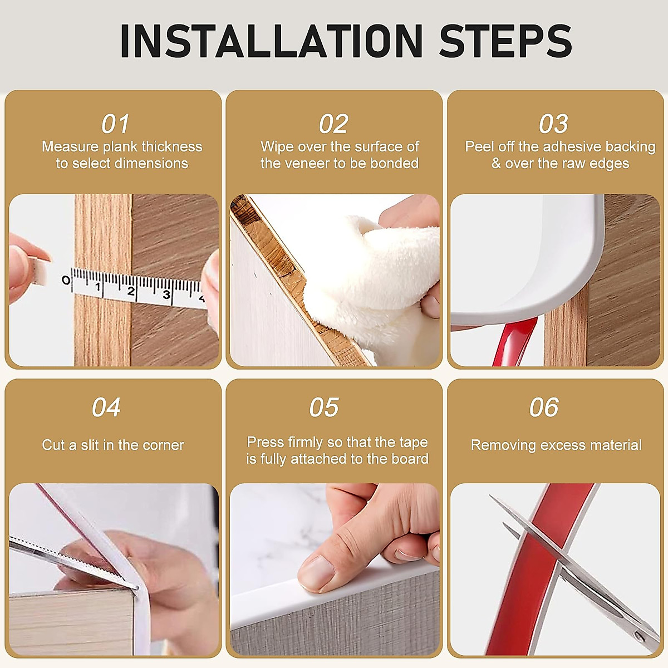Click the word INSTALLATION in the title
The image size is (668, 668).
coord(272,41)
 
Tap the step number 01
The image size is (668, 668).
coord(115,124)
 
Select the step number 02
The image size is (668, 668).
coord(333,124)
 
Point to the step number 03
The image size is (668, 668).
coord(553,124)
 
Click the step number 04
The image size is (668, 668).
coord(106,407)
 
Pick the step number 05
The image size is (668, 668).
coord(324,407)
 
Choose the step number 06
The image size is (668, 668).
coord(544,407)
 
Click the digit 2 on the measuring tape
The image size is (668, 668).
coord(131,291)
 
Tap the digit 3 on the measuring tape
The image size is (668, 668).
coord(167,294)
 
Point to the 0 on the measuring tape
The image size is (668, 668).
coord(66,280)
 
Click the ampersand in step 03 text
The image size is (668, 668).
coord(496,164)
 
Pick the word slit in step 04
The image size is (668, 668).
coord(90,445)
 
